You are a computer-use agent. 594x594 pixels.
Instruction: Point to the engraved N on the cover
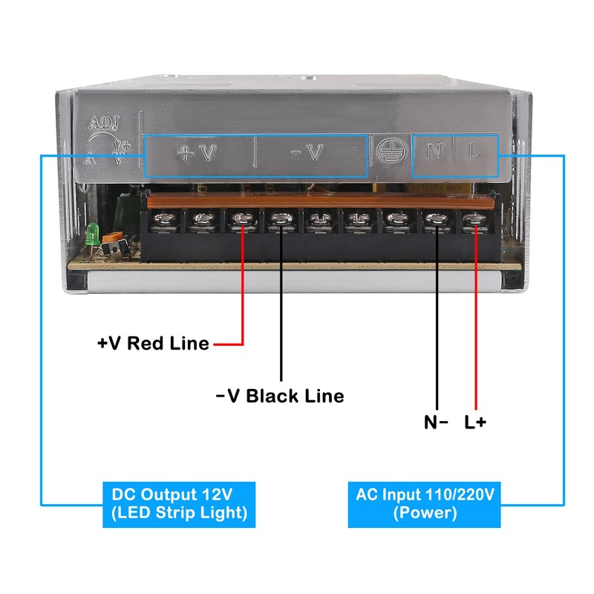click(434, 152)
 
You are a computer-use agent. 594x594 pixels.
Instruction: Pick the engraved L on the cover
click(474, 152)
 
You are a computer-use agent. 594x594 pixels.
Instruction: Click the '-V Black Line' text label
click(280, 396)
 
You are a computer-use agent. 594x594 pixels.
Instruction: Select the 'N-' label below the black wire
click(436, 422)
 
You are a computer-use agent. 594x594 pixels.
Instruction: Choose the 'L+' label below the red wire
click(476, 422)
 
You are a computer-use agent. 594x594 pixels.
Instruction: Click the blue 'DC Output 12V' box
click(179, 504)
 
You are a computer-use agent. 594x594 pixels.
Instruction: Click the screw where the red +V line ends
click(241, 220)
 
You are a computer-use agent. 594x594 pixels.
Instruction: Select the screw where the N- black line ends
click(436, 220)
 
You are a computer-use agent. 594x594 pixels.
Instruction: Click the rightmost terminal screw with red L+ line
click(474, 220)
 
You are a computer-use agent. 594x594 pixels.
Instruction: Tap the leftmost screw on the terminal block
click(162, 220)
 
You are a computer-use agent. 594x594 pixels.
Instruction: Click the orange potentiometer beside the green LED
click(114, 241)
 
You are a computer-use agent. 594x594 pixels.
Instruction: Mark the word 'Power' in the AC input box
click(425, 513)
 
